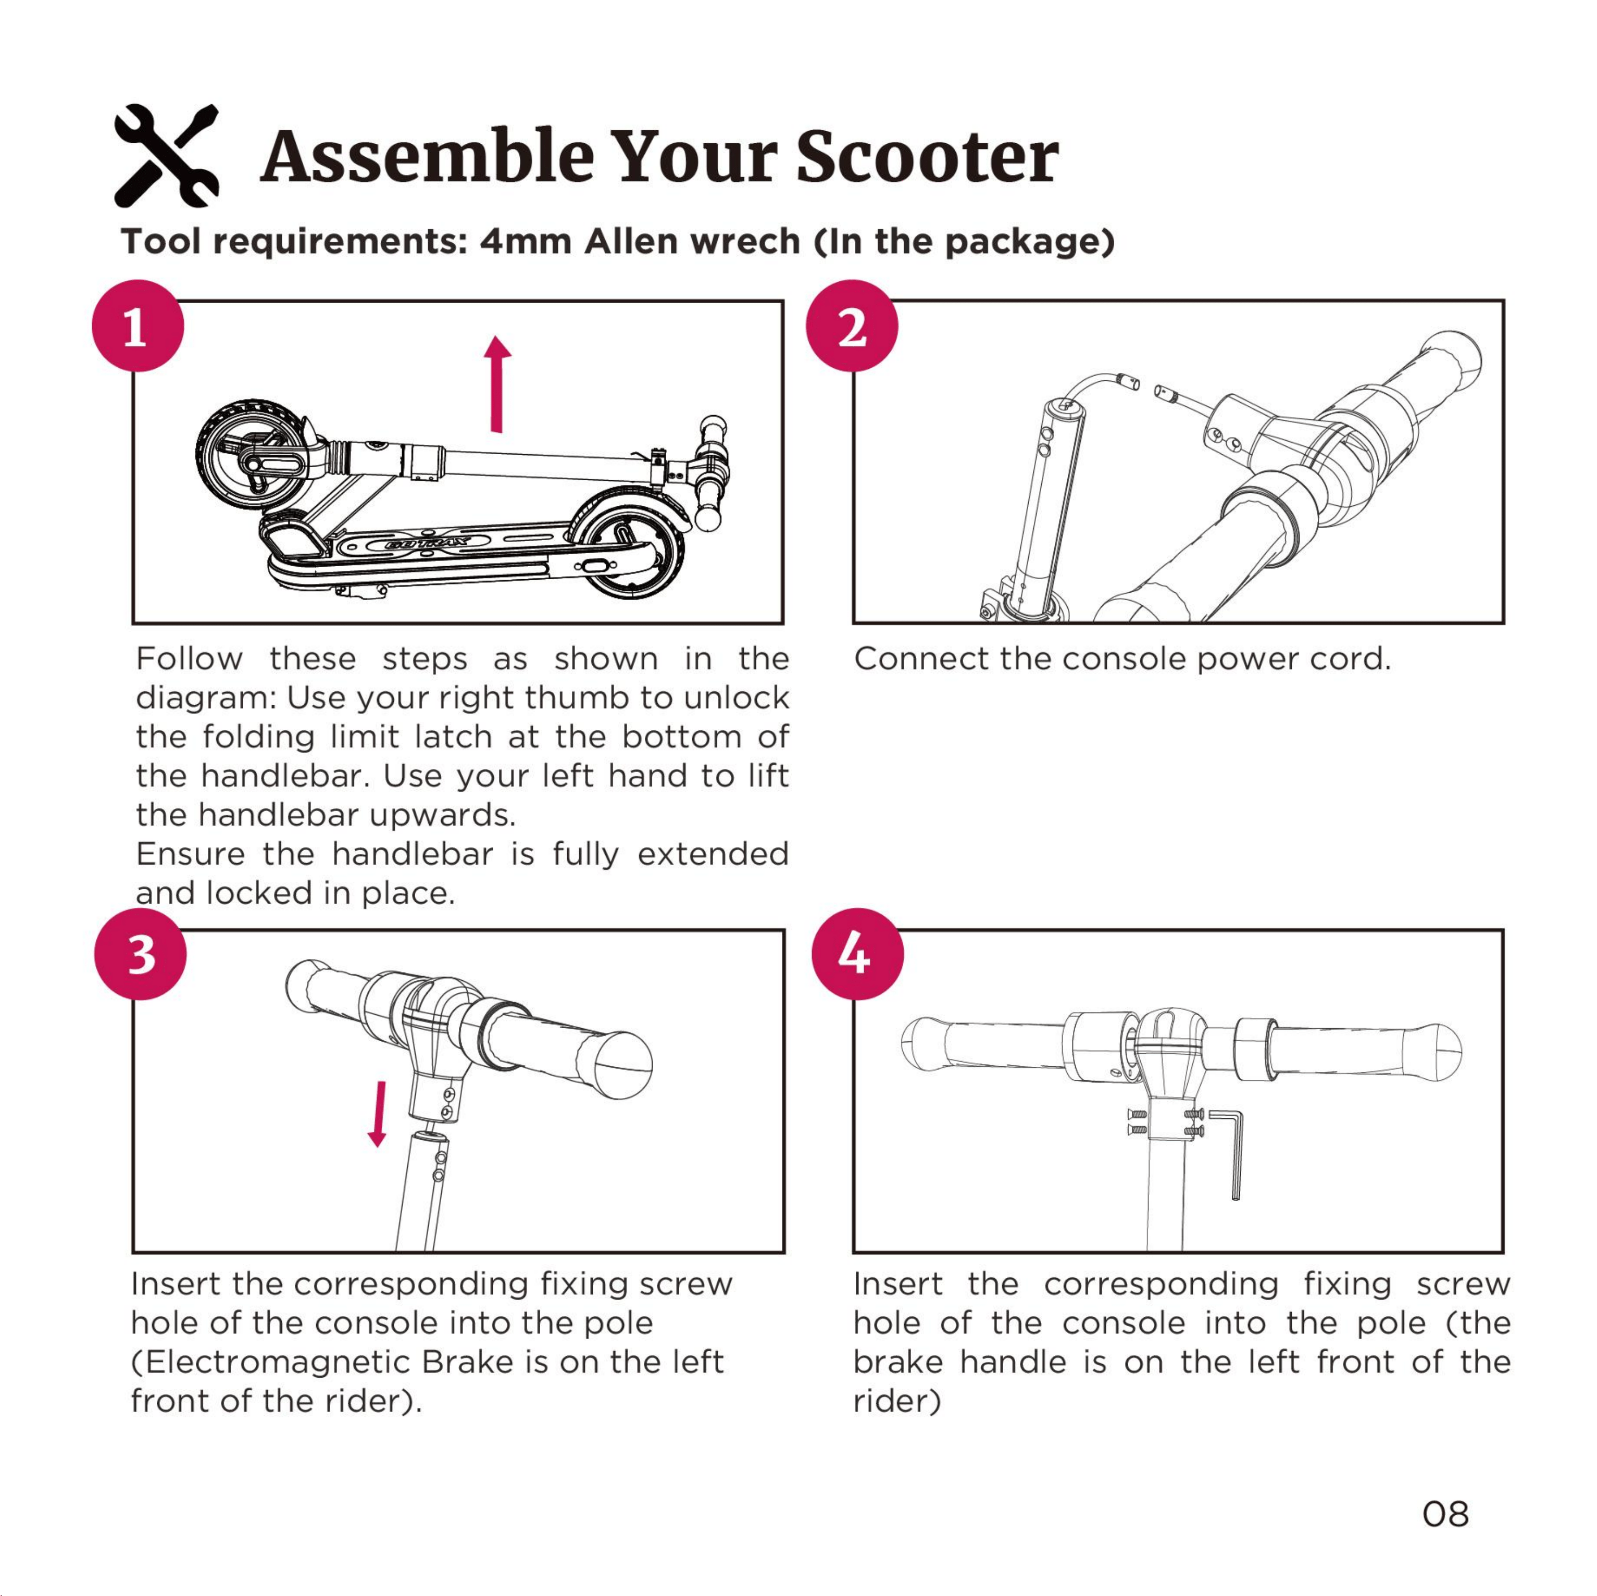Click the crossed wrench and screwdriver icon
click(x=166, y=155)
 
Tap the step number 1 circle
click(x=137, y=326)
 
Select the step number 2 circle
click(x=852, y=326)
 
